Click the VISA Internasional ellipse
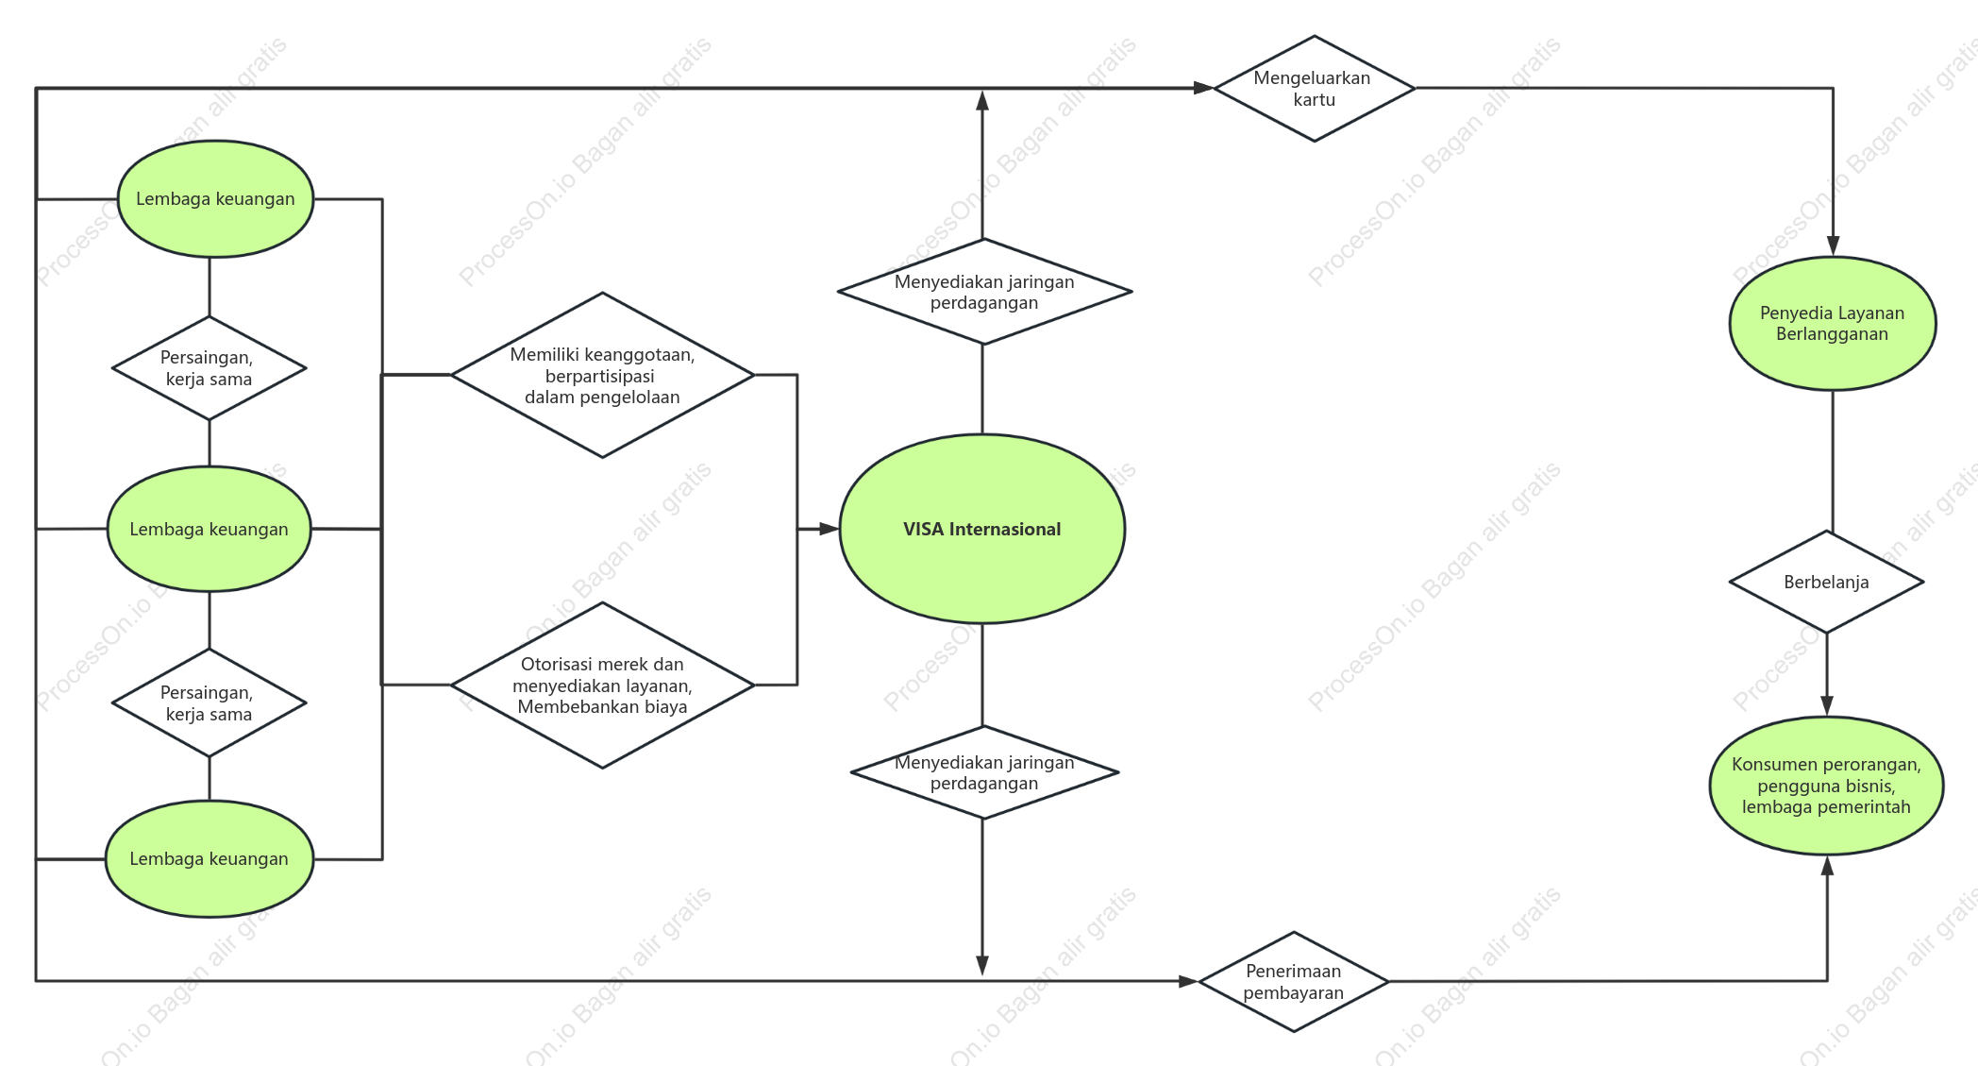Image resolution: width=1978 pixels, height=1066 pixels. click(982, 529)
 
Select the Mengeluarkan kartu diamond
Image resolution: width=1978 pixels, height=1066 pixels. click(1315, 89)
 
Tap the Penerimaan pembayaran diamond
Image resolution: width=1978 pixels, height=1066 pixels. click(1294, 982)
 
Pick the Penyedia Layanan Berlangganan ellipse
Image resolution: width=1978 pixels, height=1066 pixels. click(1833, 323)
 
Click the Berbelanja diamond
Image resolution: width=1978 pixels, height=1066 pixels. click(1827, 582)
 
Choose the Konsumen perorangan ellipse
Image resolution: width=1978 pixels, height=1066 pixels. click(1827, 786)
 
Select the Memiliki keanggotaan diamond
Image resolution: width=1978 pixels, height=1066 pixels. click(603, 375)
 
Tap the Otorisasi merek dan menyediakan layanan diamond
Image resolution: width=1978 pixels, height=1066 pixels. click(603, 685)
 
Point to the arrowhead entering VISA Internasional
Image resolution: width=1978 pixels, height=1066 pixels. click(829, 529)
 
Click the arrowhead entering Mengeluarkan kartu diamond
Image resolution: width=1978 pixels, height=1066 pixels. click(1203, 88)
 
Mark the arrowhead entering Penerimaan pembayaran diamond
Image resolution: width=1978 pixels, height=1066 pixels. click(1188, 981)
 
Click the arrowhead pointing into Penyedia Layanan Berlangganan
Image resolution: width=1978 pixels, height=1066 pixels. click(1834, 246)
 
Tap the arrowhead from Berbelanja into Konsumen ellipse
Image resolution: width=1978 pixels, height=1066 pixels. click(1827, 706)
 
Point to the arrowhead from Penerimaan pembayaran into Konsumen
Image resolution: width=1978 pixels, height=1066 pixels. click(1827, 866)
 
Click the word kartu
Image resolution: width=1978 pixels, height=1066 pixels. click(1315, 100)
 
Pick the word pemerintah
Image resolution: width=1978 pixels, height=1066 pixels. click(1864, 807)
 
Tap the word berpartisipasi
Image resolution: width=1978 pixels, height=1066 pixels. click(600, 377)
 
